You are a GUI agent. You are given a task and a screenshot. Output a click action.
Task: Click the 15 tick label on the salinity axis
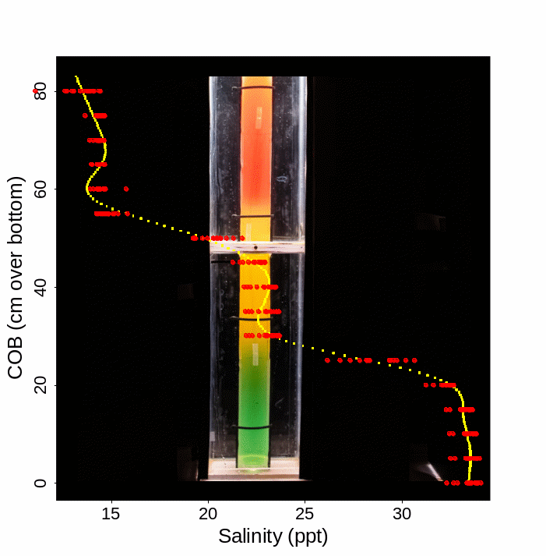pyautogui.click(x=111, y=514)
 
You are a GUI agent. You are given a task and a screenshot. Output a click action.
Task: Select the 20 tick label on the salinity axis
pyautogui.click(x=208, y=514)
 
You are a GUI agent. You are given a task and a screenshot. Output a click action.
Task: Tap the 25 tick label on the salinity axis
pyautogui.click(x=305, y=514)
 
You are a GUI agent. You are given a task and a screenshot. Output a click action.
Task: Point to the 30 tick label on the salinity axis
pyautogui.click(x=402, y=514)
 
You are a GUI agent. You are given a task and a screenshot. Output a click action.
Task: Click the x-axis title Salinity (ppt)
pyautogui.click(x=273, y=537)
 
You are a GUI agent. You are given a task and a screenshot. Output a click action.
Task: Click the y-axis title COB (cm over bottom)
pyautogui.click(x=16, y=278)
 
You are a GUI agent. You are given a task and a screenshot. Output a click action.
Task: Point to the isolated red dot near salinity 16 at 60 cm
pyautogui.click(x=126, y=189)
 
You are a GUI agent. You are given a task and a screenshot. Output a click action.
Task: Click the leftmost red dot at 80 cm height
pyautogui.click(x=35, y=91)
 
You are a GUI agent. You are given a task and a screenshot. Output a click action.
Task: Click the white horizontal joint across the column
pyautogui.click(x=256, y=248)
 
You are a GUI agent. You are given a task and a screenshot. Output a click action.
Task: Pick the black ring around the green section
pyautogui.click(x=254, y=427)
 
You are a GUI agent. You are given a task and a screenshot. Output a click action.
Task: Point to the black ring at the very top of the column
pyautogui.click(x=256, y=88)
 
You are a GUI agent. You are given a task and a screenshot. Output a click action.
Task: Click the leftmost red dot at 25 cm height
pyautogui.click(x=328, y=360)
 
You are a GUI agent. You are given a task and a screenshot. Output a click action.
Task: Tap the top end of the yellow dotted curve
pyautogui.click(x=76, y=76)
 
